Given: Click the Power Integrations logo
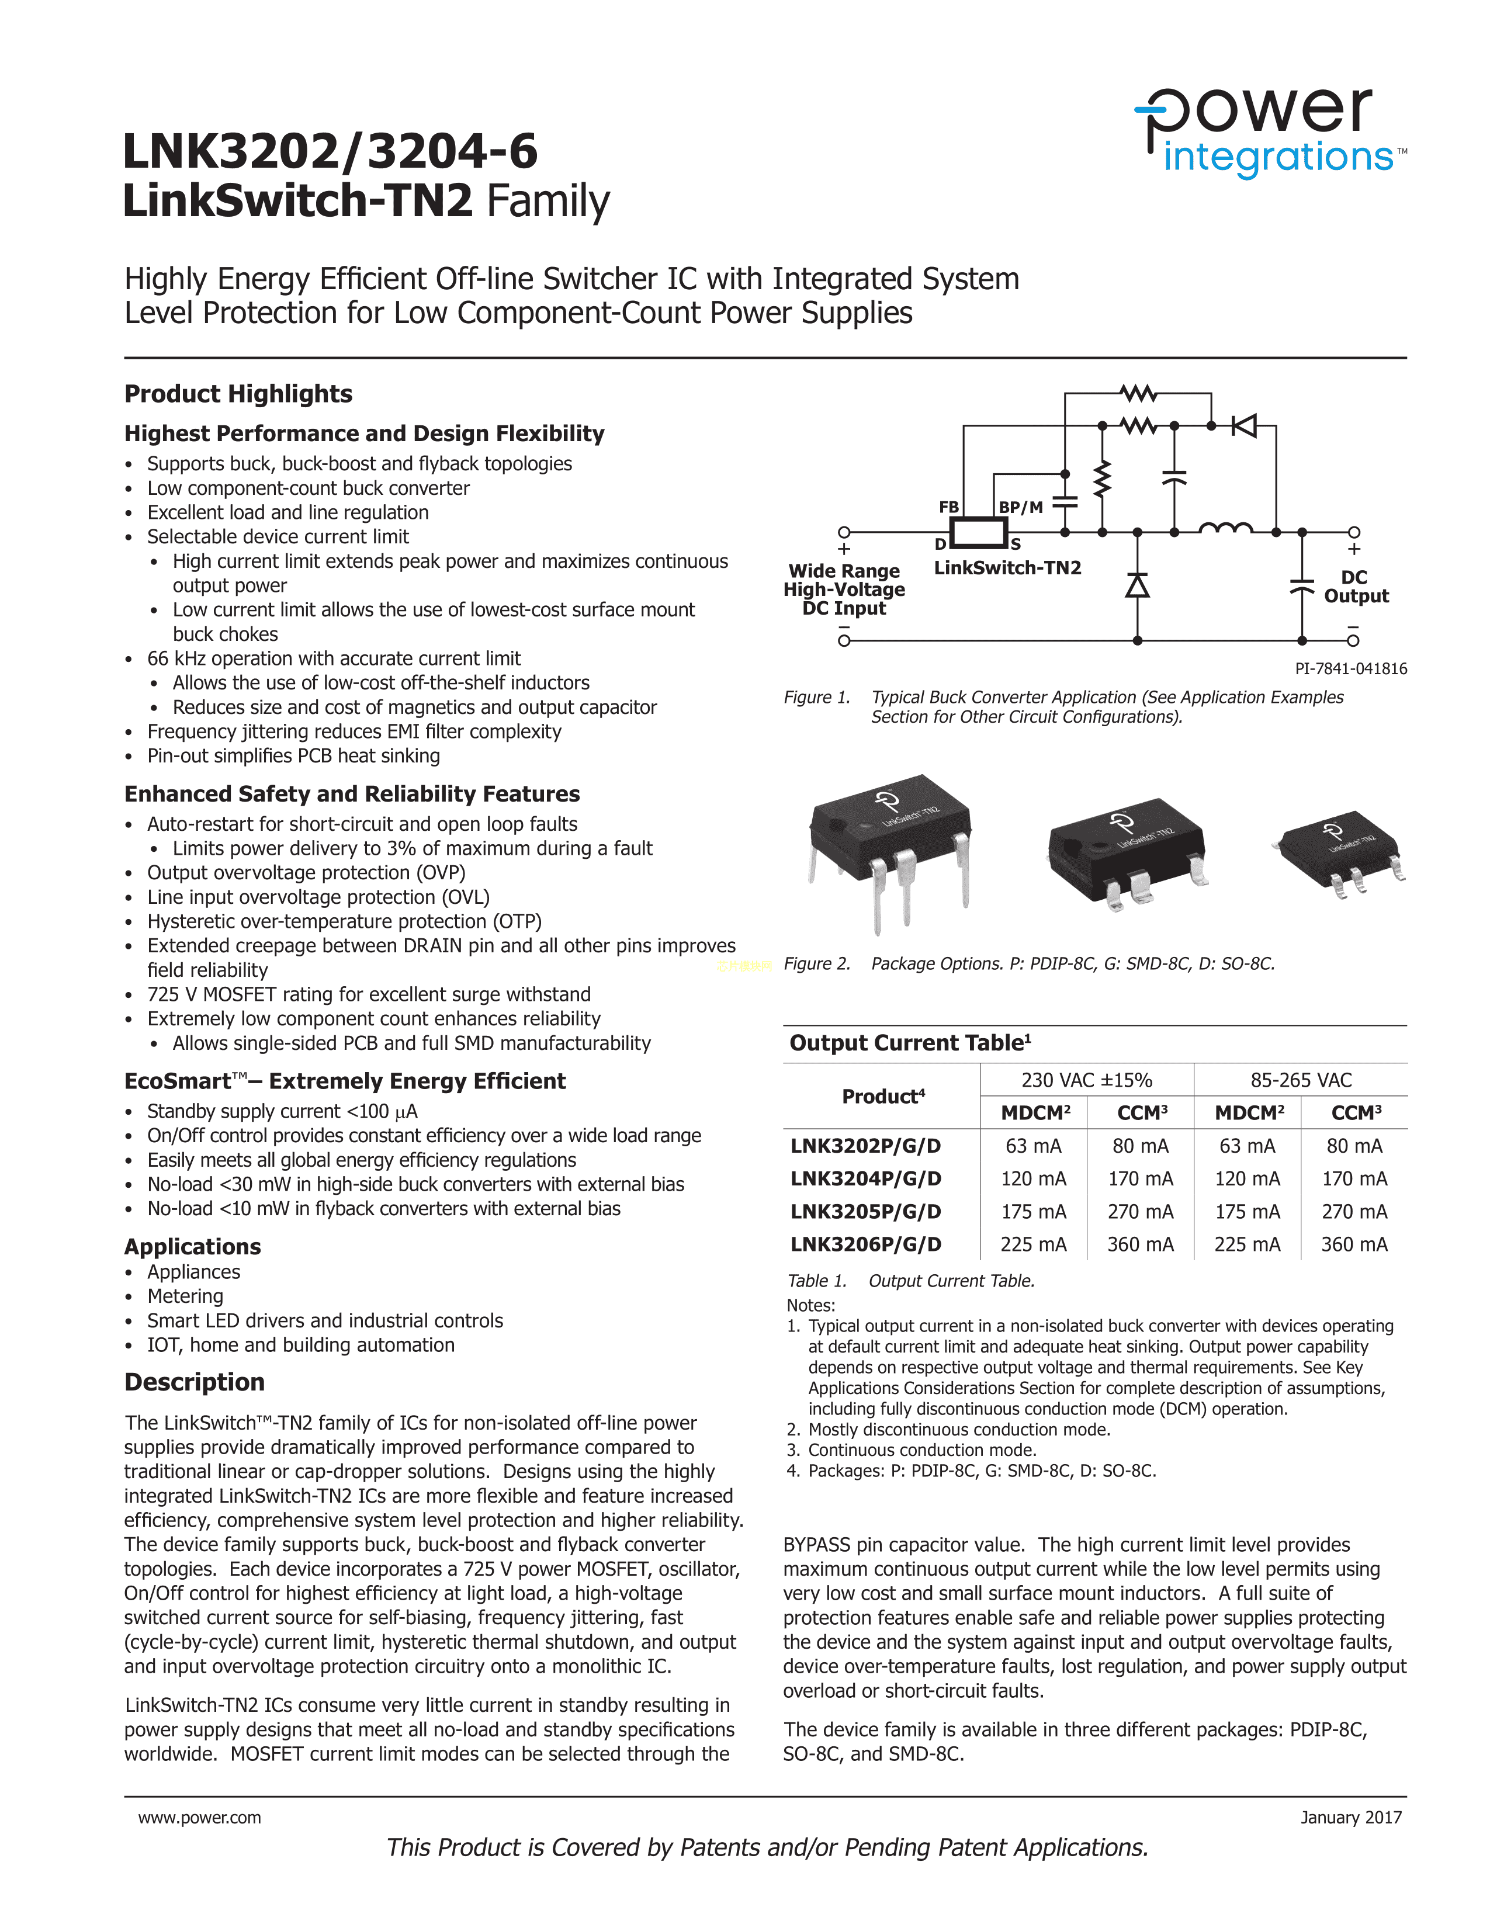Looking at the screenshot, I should click(1269, 133).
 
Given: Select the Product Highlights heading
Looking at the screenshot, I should click(238, 394).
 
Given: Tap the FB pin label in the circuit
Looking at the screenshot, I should click(949, 507).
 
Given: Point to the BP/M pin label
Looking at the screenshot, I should click(1020, 507).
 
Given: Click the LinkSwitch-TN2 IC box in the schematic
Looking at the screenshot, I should click(978, 533).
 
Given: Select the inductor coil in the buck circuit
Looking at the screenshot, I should click(1225, 528).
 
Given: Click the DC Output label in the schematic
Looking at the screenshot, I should click(1355, 587).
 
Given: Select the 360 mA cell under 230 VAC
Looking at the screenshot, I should click(1141, 1244).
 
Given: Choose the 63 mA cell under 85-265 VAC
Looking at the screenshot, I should click(1248, 1146).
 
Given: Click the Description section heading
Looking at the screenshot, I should click(194, 1382).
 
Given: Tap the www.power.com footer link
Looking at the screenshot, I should click(199, 1818).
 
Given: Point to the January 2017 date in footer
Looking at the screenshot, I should click(1350, 1818).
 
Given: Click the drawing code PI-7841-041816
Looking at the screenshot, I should click(1350, 668).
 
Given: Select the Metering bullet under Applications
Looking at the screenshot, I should click(185, 1296).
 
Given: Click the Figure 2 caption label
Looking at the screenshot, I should click(816, 963).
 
